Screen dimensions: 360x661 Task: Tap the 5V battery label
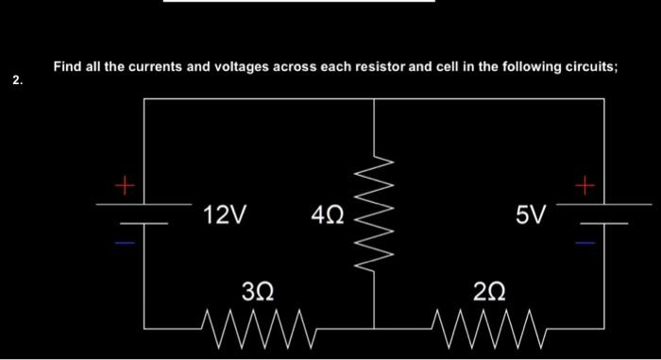pyautogui.click(x=531, y=216)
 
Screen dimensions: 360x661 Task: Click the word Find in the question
pyautogui.click(x=68, y=67)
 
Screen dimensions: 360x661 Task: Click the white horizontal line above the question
pyautogui.click(x=298, y=2)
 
